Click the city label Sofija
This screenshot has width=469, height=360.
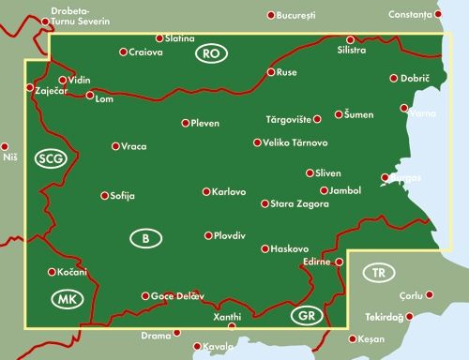point(124,196)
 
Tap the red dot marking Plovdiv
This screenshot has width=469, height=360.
point(208,236)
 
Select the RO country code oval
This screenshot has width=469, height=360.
point(212,55)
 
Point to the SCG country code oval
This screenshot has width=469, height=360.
point(51,158)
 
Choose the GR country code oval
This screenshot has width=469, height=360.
point(305,315)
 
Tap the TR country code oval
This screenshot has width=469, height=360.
point(378,273)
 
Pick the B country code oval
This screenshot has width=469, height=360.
point(144,239)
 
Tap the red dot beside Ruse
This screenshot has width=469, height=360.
point(270,72)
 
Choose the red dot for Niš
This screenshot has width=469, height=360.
point(5,146)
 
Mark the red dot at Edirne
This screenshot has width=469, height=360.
point(340,262)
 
